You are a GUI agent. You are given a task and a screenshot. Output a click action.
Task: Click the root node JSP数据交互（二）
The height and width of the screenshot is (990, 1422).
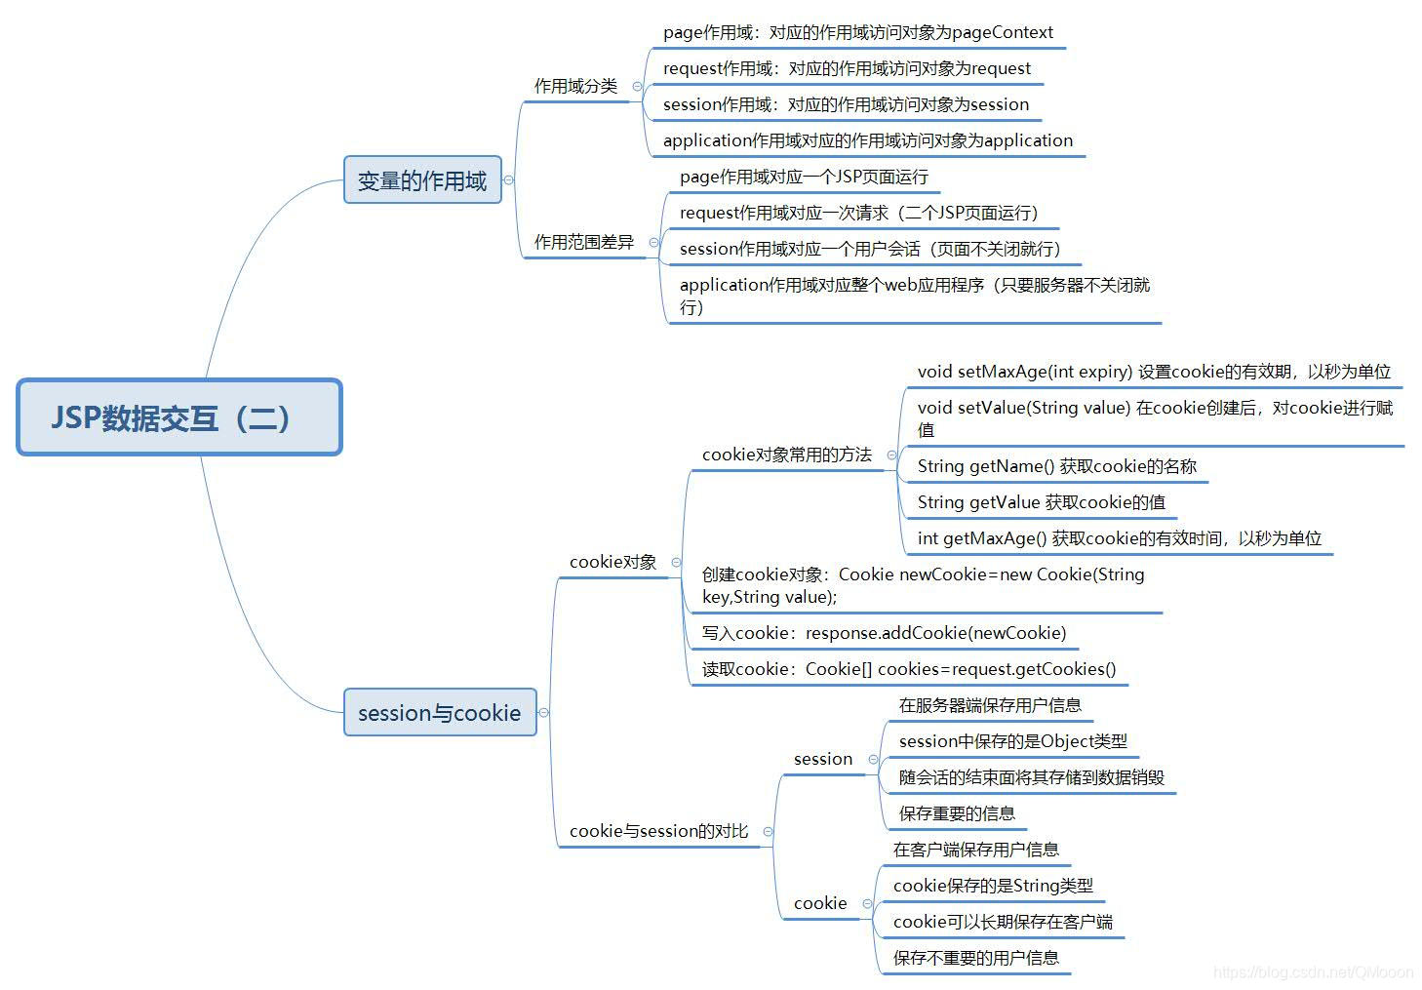click(x=179, y=417)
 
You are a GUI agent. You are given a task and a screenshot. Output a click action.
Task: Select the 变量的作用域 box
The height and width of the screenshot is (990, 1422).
click(x=422, y=180)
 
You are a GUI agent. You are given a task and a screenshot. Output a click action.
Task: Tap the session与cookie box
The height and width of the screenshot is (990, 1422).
click(x=440, y=713)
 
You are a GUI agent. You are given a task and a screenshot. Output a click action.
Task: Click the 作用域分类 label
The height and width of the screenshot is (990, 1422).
click(x=575, y=86)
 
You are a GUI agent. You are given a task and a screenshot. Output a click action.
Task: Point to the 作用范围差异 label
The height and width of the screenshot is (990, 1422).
click(x=583, y=242)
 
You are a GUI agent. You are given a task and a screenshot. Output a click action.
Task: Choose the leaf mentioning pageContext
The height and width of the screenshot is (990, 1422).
click(x=857, y=32)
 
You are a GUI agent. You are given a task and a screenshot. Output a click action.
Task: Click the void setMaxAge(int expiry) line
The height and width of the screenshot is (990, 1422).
click(x=1153, y=372)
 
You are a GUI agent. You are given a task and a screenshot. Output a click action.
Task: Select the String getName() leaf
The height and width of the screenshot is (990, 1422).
click(x=1056, y=466)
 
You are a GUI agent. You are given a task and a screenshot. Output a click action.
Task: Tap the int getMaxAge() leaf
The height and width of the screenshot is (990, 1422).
click(x=1119, y=538)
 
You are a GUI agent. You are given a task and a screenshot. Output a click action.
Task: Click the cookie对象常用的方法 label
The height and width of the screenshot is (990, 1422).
click(x=786, y=455)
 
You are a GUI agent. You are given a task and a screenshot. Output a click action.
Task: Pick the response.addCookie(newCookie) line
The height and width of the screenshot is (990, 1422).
click(x=884, y=633)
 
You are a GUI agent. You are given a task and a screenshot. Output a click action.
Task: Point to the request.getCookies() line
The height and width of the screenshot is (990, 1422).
click(x=908, y=669)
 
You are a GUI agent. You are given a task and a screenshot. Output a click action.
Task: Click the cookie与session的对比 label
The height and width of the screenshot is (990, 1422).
click(x=658, y=831)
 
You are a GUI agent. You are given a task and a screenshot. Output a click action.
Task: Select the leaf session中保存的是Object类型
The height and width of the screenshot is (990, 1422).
click(x=1012, y=741)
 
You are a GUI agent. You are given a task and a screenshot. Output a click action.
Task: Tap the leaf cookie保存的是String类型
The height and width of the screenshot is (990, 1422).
click(x=993, y=886)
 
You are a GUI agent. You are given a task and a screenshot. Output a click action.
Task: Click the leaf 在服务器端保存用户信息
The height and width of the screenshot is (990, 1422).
click(x=989, y=705)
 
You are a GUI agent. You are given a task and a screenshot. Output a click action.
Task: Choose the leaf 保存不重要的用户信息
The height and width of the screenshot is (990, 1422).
click(x=975, y=958)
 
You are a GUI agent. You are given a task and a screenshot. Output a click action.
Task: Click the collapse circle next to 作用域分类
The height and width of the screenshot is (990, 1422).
click(x=638, y=86)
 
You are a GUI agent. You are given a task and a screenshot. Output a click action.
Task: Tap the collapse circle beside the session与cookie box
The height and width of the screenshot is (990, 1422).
click(x=543, y=713)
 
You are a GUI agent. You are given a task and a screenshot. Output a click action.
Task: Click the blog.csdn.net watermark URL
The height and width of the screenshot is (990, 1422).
click(x=1313, y=972)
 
